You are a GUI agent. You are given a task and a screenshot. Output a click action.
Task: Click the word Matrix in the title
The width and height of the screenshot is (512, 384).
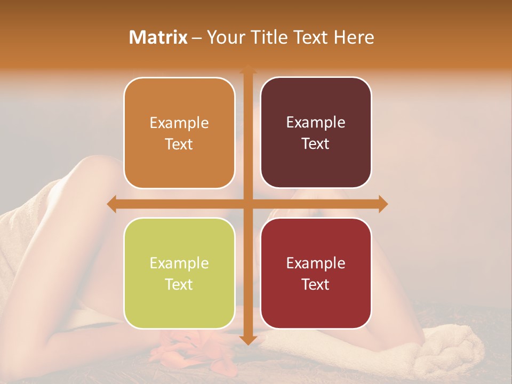(x=158, y=37)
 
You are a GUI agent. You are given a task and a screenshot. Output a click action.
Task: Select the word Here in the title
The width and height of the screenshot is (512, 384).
(x=354, y=37)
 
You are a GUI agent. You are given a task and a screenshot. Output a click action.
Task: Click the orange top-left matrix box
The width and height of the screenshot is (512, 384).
(x=179, y=133)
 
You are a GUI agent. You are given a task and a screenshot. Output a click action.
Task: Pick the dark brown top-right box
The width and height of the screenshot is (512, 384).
(x=316, y=133)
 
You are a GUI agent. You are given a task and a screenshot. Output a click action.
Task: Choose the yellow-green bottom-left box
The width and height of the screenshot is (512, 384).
(x=179, y=274)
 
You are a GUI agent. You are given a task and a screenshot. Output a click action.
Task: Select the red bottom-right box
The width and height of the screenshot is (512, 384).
(x=316, y=274)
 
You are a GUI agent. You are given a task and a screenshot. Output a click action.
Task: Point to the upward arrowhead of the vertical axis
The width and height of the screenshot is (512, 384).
(x=247, y=70)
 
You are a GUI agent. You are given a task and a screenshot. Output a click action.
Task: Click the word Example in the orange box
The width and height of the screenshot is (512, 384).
(x=179, y=123)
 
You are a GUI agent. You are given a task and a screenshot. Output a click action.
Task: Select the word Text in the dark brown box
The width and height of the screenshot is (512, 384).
(x=316, y=143)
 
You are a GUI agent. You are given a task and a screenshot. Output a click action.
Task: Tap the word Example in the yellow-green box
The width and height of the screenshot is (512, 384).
(x=179, y=263)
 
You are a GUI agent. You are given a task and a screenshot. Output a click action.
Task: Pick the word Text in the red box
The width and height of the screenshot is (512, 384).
(x=316, y=284)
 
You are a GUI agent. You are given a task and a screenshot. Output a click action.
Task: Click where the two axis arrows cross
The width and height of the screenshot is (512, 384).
(x=247, y=204)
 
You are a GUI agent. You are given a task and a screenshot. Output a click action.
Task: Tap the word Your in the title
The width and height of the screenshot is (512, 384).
(x=223, y=37)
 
